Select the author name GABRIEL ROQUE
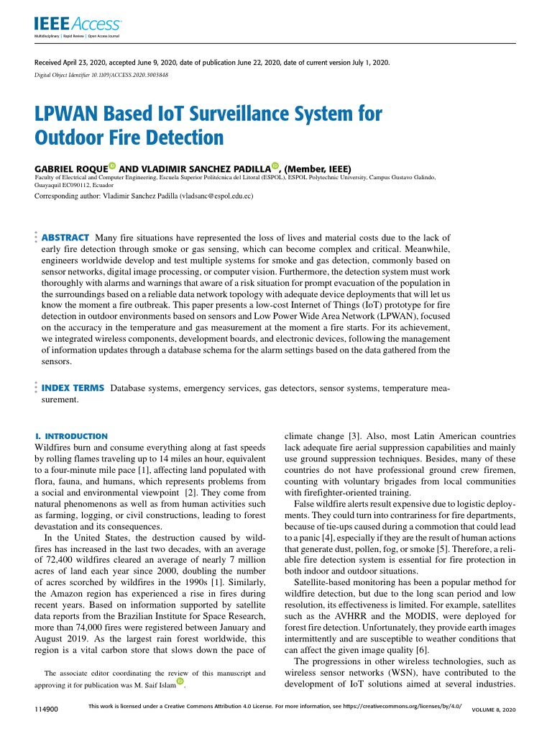pos(71,167)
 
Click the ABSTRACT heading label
pos(65,238)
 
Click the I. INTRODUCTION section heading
pos(71,436)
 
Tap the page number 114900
pos(46,710)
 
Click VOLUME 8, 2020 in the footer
pos(493,710)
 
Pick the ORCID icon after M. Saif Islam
pos(180,681)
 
